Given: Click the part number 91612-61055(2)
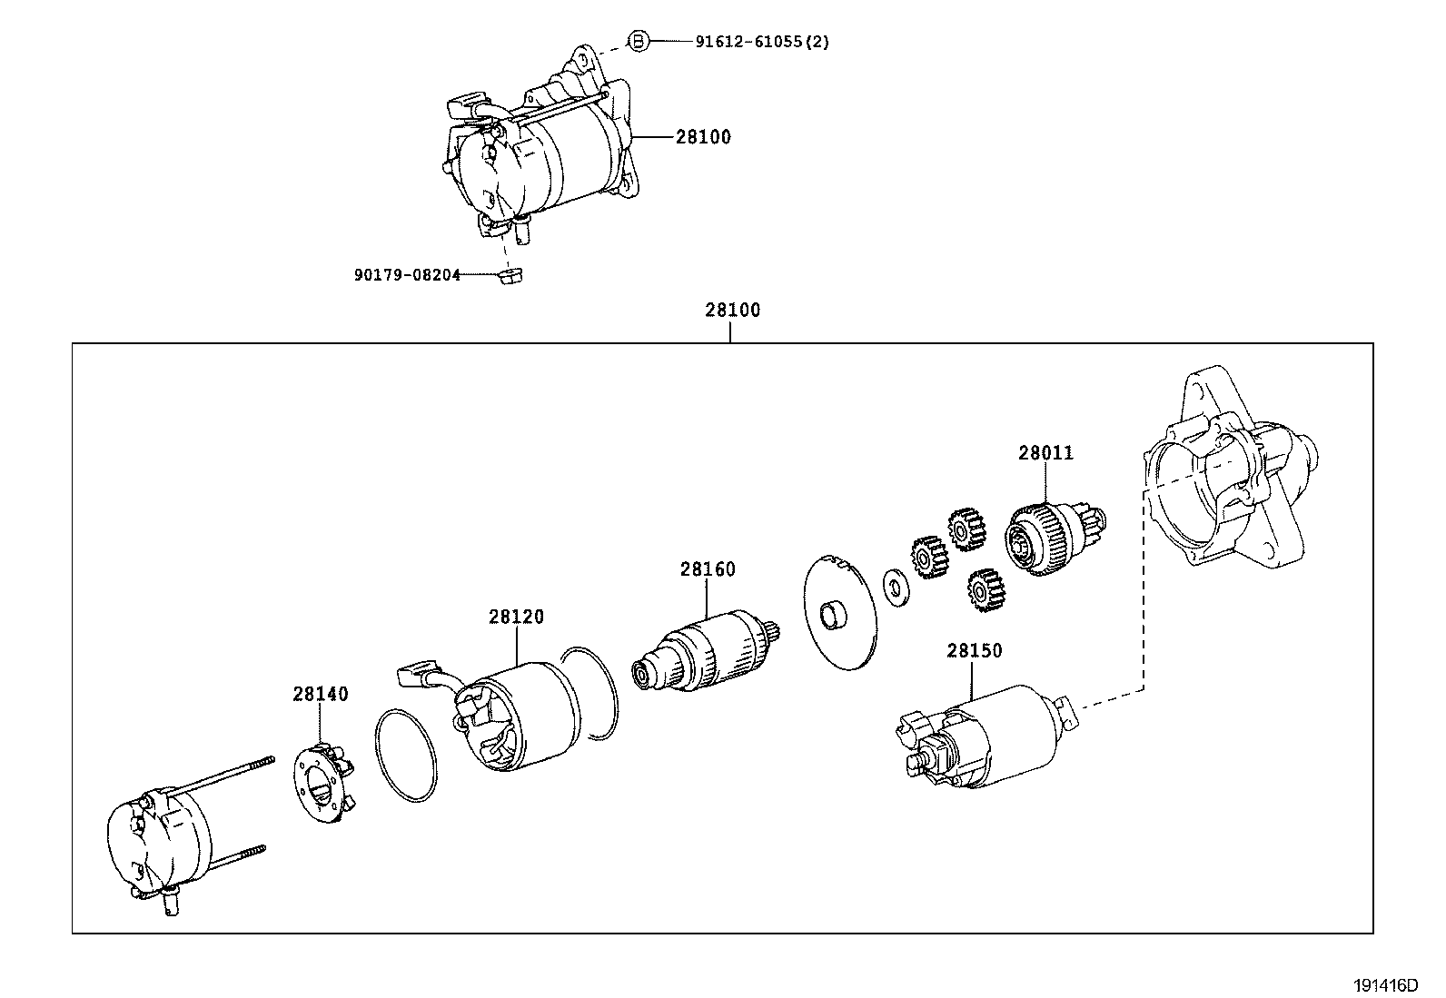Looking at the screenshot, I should coord(762,41).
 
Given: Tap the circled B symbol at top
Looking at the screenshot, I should coord(639,41).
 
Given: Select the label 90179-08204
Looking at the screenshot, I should coord(407,273).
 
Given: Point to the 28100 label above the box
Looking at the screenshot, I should coord(732,310).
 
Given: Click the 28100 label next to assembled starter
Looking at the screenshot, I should coord(703,137).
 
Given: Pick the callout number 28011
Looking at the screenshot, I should coord(1045,452).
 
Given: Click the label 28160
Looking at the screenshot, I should coord(708,569).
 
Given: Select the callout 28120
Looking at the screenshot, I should coord(516,617).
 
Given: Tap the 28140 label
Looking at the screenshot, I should coord(320,694).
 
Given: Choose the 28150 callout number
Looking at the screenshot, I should coord(974,650).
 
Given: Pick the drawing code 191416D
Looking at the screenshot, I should coord(1387,984).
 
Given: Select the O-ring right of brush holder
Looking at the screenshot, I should coord(405,756).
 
